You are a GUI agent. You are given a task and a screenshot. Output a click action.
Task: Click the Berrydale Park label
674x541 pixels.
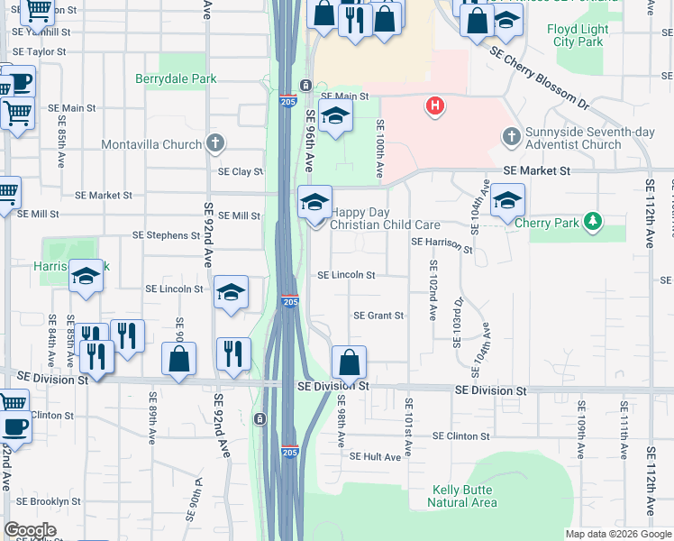(176, 79)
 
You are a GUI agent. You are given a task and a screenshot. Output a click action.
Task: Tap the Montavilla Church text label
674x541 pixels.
(151, 144)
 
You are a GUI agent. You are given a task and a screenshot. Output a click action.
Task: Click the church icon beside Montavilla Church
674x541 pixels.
(214, 143)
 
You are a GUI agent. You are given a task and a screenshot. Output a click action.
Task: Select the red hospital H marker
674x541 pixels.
(435, 106)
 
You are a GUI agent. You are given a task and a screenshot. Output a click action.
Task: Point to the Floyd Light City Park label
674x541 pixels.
(578, 35)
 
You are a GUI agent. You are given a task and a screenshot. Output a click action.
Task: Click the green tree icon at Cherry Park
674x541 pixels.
(592, 221)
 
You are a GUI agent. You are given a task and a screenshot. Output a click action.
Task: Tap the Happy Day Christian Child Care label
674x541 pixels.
(385, 219)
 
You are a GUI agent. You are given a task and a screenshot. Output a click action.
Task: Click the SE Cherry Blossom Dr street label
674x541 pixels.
(539, 78)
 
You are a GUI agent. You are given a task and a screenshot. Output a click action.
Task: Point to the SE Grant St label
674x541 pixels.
(378, 316)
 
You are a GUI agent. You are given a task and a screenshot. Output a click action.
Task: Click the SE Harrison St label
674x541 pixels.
(442, 243)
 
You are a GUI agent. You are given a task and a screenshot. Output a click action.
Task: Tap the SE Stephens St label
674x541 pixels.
(166, 235)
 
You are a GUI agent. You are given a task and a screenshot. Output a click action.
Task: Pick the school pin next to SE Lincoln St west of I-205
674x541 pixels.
(232, 292)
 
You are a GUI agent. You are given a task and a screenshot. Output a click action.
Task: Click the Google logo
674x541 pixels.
(30, 530)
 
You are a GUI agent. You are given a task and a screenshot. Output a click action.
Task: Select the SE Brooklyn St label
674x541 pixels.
(49, 501)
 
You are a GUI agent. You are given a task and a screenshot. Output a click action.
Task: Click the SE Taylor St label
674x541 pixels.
(40, 51)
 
